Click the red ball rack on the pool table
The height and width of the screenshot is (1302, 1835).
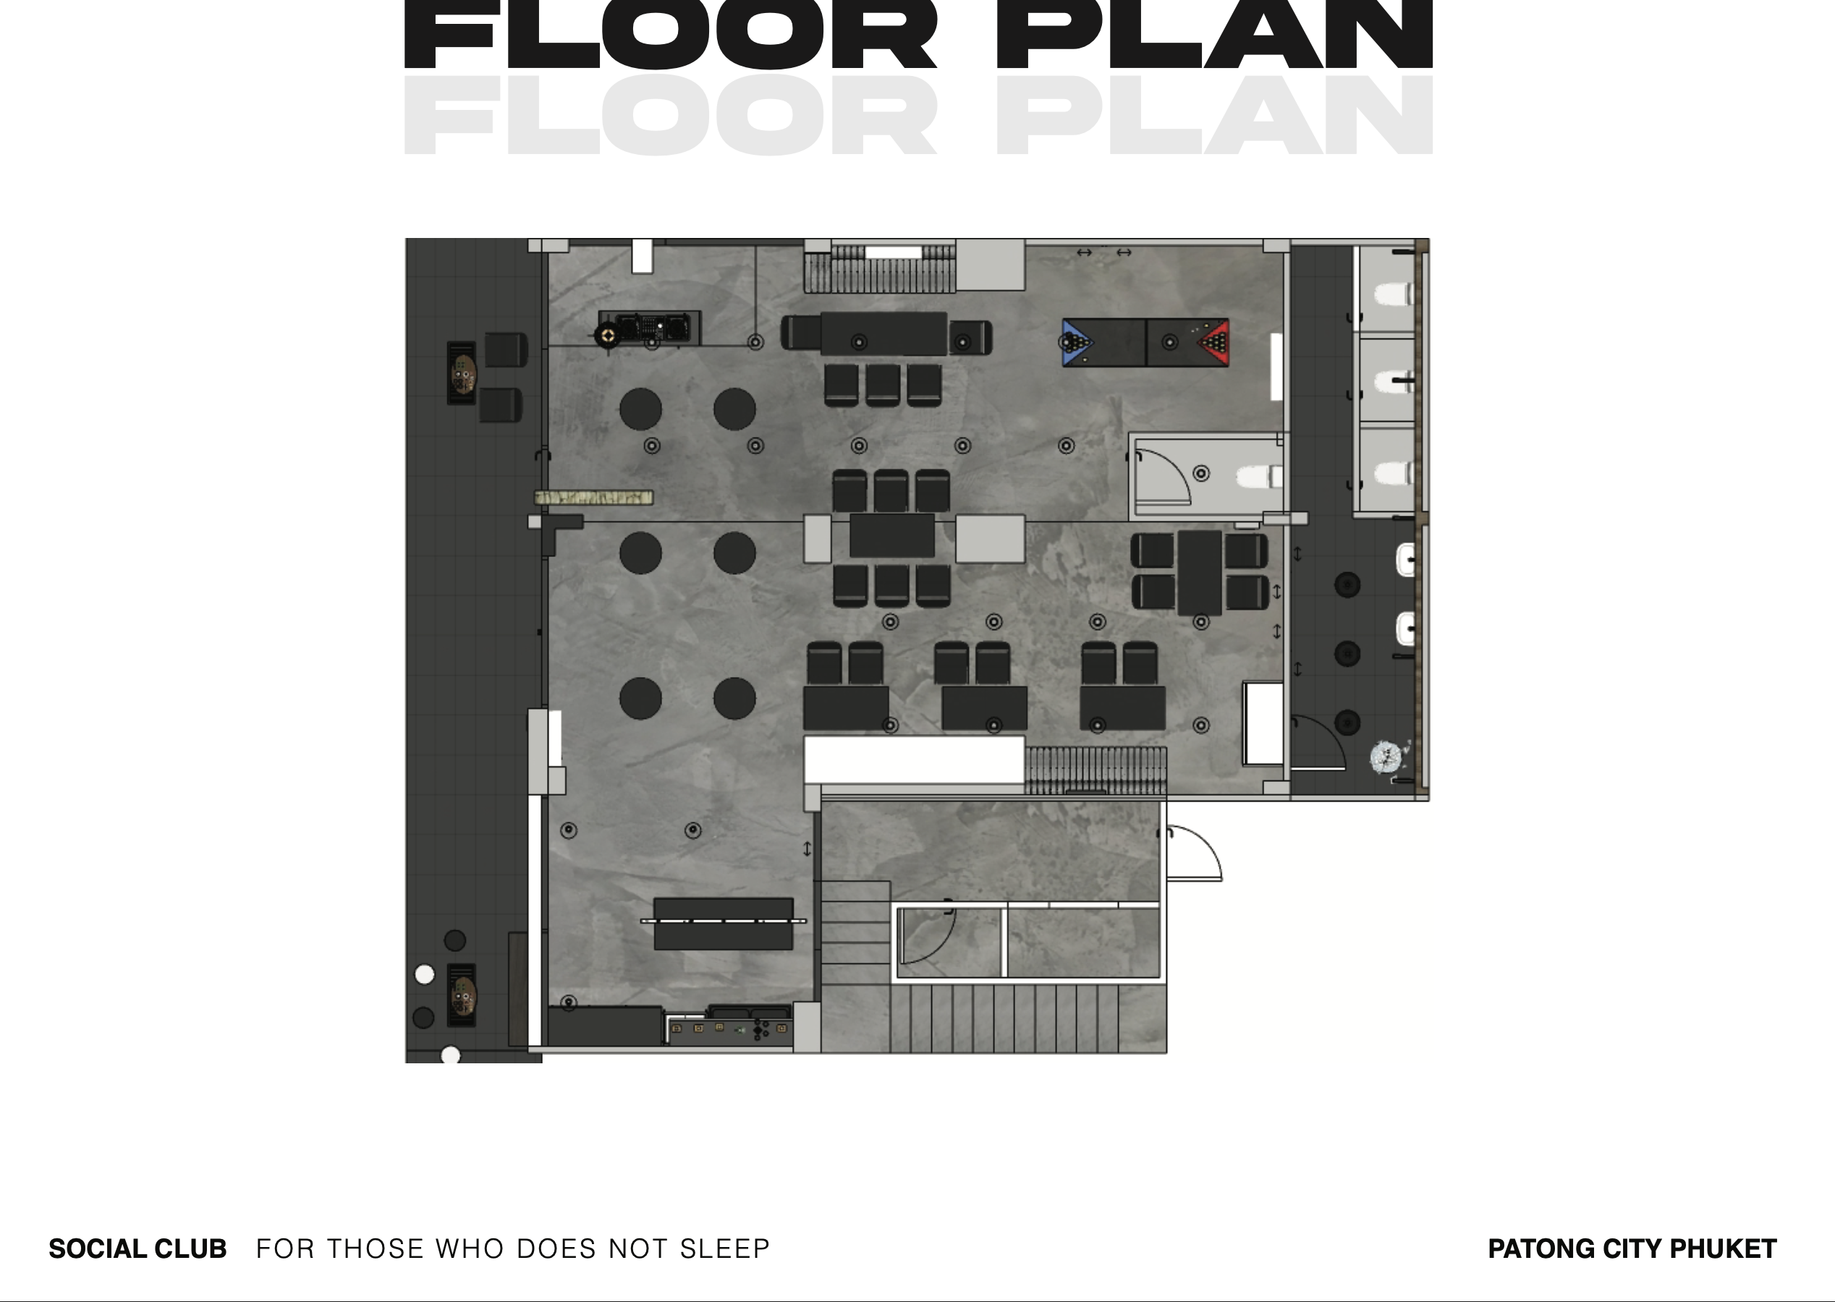pyautogui.click(x=1215, y=342)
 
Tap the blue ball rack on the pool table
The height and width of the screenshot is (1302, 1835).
pyautogui.click(x=1076, y=342)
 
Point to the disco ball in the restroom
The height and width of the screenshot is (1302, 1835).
pyautogui.click(x=1385, y=756)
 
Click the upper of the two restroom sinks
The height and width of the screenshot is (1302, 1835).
pyautogui.click(x=1406, y=560)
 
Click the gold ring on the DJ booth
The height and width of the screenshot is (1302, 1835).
pyautogui.click(x=608, y=334)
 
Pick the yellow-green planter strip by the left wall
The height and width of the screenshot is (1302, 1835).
pyautogui.click(x=593, y=498)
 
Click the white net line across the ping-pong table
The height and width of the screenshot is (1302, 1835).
pyautogui.click(x=724, y=922)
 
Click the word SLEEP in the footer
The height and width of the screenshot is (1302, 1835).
pyautogui.click(x=724, y=1249)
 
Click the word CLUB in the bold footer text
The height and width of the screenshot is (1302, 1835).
pyautogui.click(x=190, y=1249)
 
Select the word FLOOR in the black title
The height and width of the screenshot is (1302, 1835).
pyautogui.click(x=671, y=35)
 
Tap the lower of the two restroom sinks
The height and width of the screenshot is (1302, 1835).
pyautogui.click(x=1406, y=629)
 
